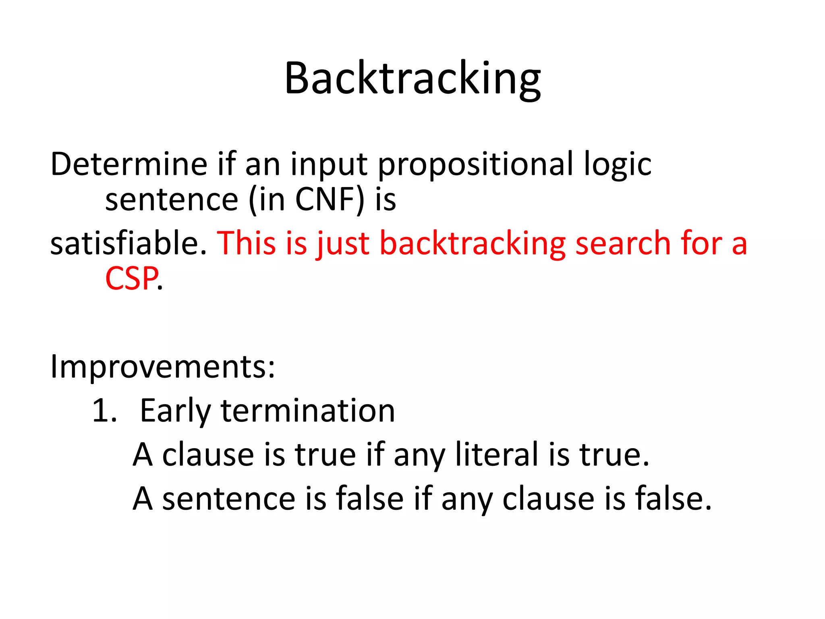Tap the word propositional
click(x=475, y=165)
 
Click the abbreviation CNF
click(x=325, y=199)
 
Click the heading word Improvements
click(x=162, y=367)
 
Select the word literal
click(x=496, y=455)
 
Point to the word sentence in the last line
click(x=229, y=499)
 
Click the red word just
click(x=343, y=244)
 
